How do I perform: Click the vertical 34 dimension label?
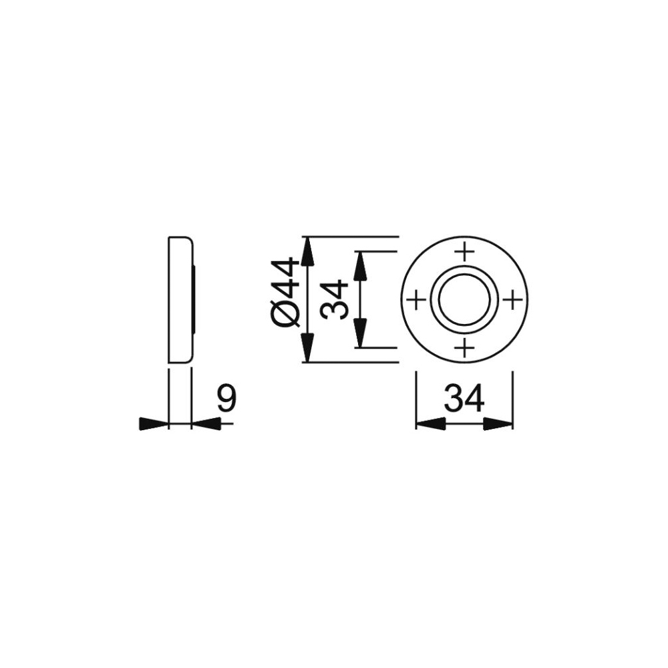(x=335, y=300)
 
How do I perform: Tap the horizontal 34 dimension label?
(x=464, y=399)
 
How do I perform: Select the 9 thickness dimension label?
(x=226, y=399)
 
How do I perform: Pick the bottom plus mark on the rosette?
(x=465, y=349)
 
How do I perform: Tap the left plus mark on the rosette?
(x=416, y=300)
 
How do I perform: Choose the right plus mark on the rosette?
(x=513, y=300)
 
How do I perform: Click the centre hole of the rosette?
(x=465, y=300)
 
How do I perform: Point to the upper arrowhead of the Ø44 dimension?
(x=308, y=251)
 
